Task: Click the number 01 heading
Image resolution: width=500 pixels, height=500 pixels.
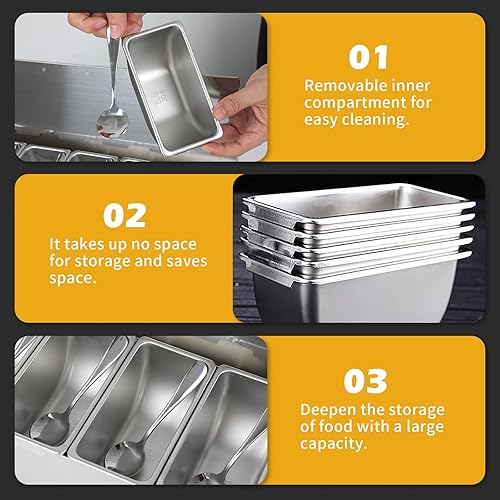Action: point(368,58)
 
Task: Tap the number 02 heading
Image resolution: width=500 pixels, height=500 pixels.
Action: point(125,216)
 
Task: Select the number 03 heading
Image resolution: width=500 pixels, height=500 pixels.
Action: point(366,381)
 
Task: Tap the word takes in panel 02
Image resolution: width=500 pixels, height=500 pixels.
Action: point(84,244)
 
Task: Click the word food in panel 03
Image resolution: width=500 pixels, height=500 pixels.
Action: point(335,426)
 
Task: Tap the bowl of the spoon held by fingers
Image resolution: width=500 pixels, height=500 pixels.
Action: point(112,122)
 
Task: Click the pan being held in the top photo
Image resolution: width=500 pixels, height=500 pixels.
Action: point(172,88)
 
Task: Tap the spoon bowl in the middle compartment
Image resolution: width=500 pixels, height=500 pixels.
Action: point(124,457)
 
